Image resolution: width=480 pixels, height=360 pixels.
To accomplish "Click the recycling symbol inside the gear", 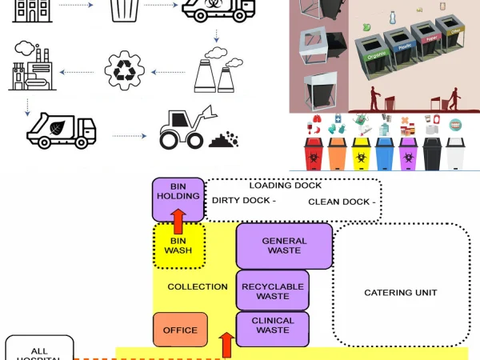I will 126,71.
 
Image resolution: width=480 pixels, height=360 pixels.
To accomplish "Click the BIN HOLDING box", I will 178,199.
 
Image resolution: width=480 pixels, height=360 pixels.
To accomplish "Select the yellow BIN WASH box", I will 178,246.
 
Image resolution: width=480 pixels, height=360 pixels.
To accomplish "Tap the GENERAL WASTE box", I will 283,246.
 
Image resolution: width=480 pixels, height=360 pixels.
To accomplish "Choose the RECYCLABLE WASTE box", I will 272,290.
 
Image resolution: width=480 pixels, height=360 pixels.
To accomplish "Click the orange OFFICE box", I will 180,330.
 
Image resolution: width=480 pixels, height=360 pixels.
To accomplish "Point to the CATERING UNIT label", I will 401,293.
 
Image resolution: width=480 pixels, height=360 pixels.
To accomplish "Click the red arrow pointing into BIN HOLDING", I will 178,218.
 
